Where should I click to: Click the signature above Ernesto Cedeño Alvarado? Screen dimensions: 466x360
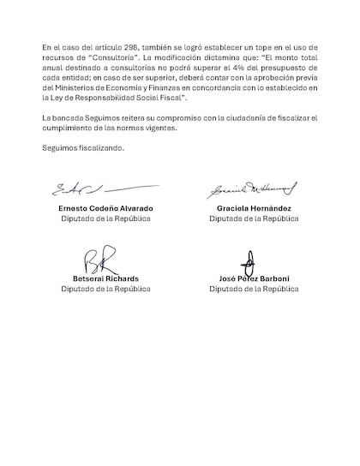tap(94, 188)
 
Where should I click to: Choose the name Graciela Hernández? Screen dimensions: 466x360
tap(254, 208)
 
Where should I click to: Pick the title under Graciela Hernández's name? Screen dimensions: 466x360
tap(254, 219)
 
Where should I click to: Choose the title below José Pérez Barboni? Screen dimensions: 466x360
tap(254, 290)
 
